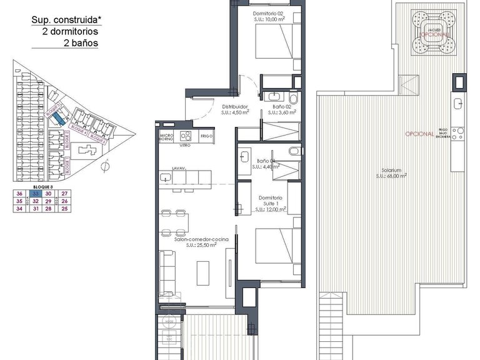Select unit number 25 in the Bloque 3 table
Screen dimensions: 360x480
[64, 209]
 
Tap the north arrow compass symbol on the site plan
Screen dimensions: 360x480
[106, 166]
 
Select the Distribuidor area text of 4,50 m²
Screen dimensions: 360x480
[233, 113]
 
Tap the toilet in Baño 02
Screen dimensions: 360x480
[293, 97]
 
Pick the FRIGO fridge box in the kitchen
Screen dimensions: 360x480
[207, 136]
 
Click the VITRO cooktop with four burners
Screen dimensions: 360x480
[186, 136]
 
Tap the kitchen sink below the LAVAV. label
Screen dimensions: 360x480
[166, 177]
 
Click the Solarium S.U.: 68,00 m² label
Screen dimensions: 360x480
[391, 173]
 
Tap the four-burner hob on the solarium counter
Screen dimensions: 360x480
[461, 131]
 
